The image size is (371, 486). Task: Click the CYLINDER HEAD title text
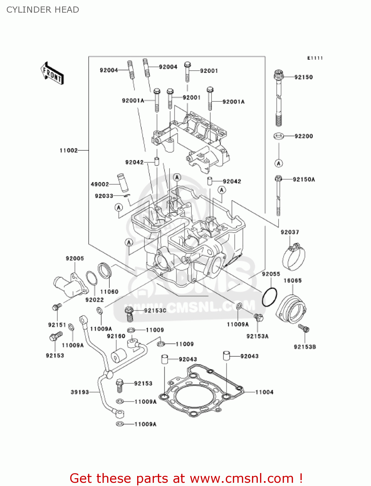43,10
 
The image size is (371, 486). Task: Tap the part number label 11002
69,150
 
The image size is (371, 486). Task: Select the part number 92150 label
303,77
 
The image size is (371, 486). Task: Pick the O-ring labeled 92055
269,297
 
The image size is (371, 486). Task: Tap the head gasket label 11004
264,392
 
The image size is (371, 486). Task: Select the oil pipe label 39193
80,392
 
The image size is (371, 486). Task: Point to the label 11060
109,292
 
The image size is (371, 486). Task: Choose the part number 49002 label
100,184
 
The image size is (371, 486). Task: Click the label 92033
104,196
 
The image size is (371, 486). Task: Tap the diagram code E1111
315,58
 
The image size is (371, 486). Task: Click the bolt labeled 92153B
304,329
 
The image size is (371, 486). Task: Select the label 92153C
155,310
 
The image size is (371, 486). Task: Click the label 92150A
304,179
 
